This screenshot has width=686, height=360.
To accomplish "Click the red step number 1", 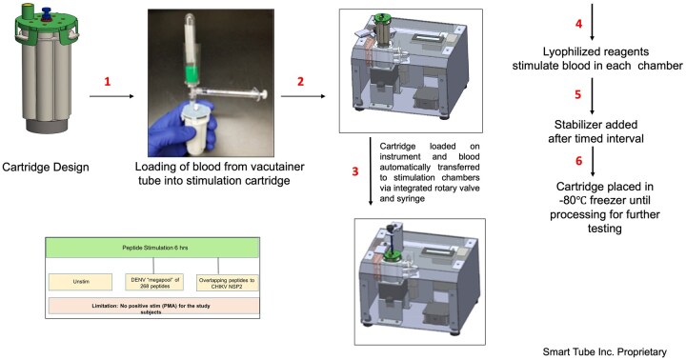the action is (107, 81).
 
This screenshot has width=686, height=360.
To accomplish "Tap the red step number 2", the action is (300, 81).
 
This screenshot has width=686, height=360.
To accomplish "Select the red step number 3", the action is (355, 171).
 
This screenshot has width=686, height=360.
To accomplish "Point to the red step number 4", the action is (578, 24).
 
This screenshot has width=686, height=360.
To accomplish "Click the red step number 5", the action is (578, 95).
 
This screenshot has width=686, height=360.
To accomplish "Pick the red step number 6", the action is (578, 161).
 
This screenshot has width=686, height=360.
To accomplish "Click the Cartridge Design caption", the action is (46, 167).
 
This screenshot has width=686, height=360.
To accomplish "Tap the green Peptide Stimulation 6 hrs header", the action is (152, 248).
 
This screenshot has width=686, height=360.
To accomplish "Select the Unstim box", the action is (80, 282).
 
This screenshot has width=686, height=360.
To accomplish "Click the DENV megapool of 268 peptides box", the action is (154, 283).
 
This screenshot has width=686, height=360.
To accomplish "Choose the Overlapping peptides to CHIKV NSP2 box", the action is (228, 283).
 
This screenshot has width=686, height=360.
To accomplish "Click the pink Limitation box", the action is (152, 307).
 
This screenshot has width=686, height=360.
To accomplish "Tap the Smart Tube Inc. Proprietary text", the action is (605, 351).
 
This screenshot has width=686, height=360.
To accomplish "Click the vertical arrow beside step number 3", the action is (371, 171).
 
